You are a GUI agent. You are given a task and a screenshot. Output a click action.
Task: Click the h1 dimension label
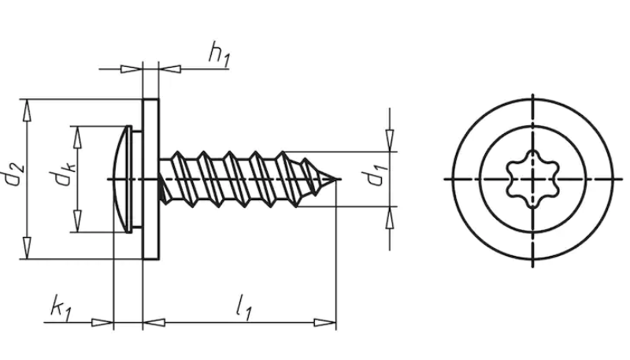pyautogui.click(x=219, y=54)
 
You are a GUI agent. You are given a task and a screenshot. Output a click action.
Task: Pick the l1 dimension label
pyautogui.click(x=244, y=308)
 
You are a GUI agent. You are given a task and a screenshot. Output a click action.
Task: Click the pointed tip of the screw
pyautogui.click(x=335, y=179)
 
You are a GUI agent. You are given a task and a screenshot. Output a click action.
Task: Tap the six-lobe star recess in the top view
pyautogui.click(x=533, y=179)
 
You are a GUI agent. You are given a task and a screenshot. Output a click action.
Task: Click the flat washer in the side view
pyautogui.click(x=151, y=179)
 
